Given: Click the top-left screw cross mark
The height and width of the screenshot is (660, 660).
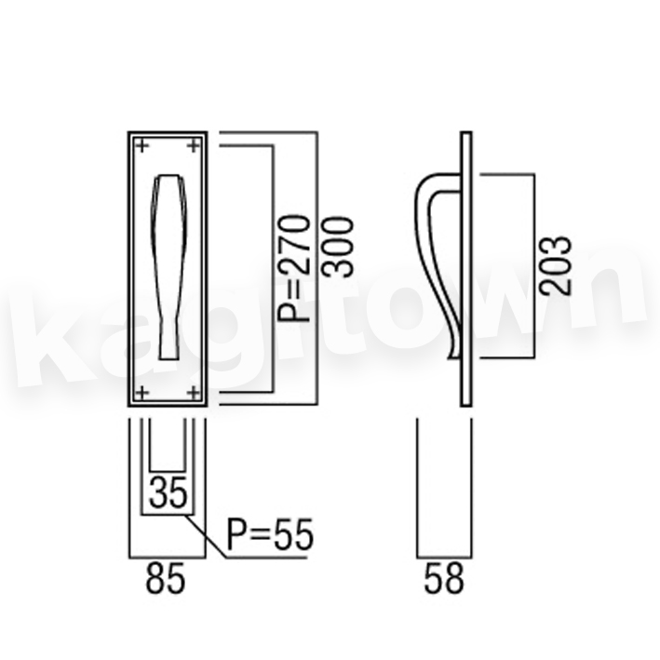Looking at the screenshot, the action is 142,146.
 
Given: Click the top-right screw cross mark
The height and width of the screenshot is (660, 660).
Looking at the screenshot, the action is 193,146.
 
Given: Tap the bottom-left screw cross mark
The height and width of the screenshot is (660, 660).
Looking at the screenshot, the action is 142,393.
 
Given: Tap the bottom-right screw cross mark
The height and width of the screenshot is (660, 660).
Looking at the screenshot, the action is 193,393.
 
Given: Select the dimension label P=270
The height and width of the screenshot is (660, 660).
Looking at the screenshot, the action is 295,268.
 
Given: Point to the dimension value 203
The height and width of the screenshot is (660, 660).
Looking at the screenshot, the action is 556,265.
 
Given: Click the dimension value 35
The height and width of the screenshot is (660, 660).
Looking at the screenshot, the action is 168,492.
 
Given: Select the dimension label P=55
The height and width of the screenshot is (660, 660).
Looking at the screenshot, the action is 270,534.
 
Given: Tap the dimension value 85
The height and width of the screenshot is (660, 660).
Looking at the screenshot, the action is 166,578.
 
